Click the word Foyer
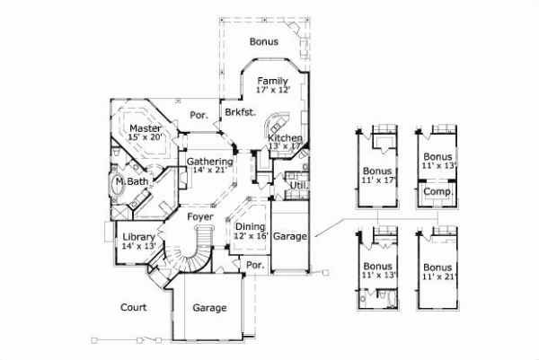click(199, 217)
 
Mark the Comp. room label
click(437, 192)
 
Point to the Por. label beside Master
click(199, 116)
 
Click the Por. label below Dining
click(254, 266)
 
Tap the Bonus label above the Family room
click(263, 41)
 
